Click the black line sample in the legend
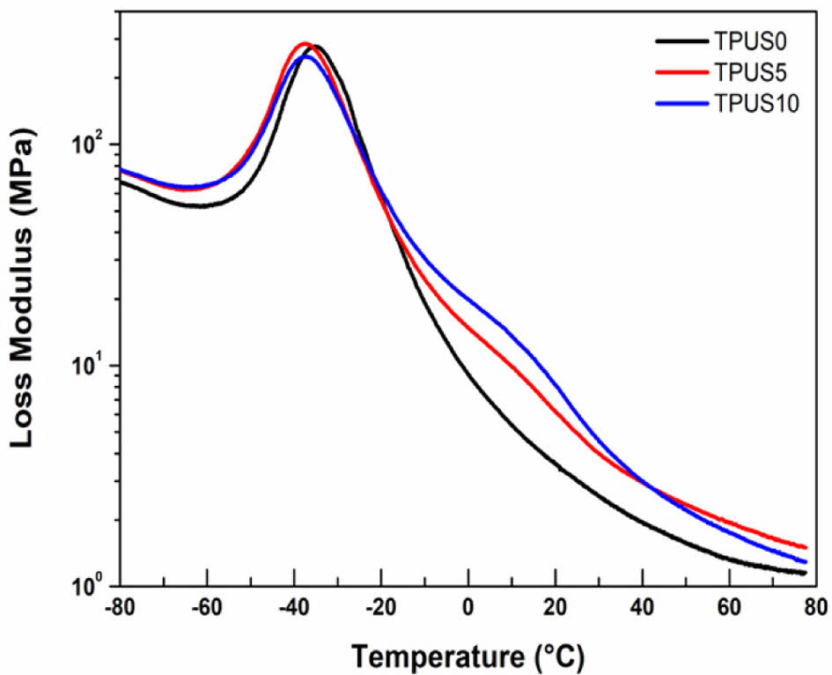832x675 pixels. click(x=681, y=41)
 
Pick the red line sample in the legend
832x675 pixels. click(x=681, y=72)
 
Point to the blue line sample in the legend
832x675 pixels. click(x=681, y=104)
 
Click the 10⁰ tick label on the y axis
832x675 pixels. click(x=86, y=584)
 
